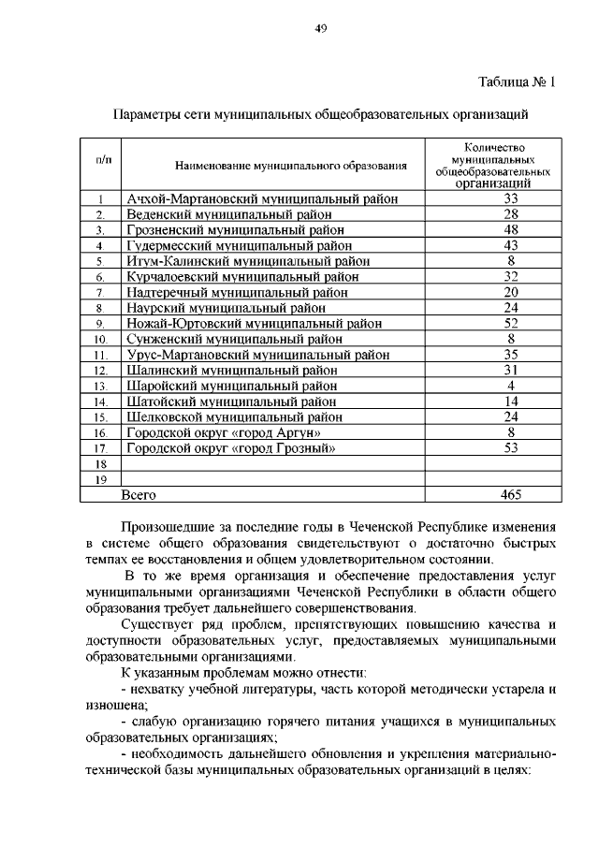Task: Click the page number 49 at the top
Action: (x=319, y=29)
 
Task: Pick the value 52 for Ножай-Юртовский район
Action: (x=511, y=324)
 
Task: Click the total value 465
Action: (x=511, y=494)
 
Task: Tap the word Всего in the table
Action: (x=140, y=494)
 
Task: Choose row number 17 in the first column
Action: (x=101, y=449)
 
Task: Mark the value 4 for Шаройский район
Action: (x=511, y=386)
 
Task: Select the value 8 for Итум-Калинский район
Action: (x=511, y=260)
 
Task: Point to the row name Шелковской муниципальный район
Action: (x=235, y=417)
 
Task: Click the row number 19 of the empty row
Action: (x=101, y=480)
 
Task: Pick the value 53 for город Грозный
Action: (x=511, y=448)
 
